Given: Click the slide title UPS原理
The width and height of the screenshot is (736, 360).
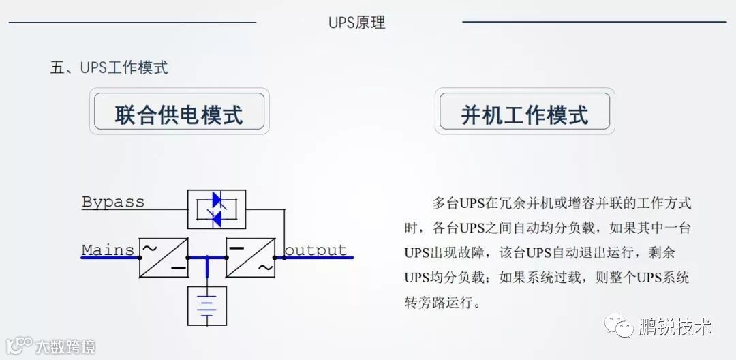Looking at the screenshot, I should pyautogui.click(x=356, y=22).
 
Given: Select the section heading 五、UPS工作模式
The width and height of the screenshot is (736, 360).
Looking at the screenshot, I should pyautogui.click(x=109, y=67).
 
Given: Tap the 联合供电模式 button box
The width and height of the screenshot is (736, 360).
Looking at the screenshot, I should pyautogui.click(x=179, y=112).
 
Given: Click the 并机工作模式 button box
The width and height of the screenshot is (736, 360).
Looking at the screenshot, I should pyautogui.click(x=525, y=113).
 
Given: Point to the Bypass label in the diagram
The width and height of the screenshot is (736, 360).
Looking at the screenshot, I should pyautogui.click(x=113, y=202).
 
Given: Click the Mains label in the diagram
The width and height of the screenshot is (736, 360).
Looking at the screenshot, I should pyautogui.click(x=108, y=250).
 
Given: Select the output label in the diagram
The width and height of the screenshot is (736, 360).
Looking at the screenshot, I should pyautogui.click(x=316, y=250).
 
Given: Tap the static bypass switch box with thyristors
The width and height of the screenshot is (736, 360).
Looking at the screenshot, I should pyautogui.click(x=217, y=209).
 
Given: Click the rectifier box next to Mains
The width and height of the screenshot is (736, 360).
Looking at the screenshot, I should pyautogui.click(x=164, y=258).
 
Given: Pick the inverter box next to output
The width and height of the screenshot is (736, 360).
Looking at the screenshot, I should pyautogui.click(x=250, y=258).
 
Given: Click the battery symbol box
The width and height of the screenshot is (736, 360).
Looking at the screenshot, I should pyautogui.click(x=207, y=305).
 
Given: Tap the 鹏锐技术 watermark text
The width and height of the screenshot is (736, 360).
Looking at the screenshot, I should pyautogui.click(x=675, y=327).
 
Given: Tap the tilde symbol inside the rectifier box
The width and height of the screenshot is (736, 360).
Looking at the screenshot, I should pyautogui.click(x=149, y=247).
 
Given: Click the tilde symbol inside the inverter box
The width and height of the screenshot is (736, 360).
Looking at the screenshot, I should pyautogui.click(x=264, y=268).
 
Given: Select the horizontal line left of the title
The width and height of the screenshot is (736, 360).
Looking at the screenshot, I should pyautogui.click(x=132, y=22).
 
